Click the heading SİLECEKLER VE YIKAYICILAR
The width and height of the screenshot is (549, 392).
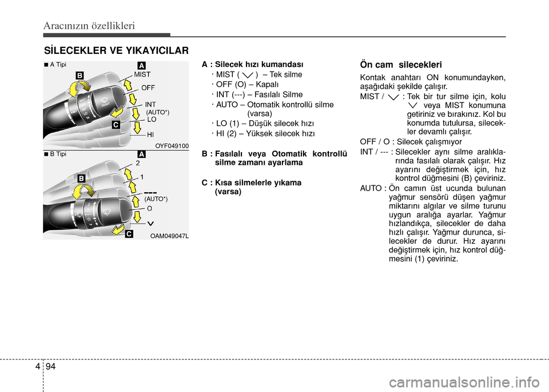[x=116, y=51]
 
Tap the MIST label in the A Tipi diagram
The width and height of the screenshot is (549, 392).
[x=142, y=74]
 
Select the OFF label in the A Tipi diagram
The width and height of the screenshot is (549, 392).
[x=148, y=88]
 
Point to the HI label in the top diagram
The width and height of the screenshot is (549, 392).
[x=150, y=134]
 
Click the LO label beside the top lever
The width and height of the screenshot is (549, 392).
[x=152, y=120]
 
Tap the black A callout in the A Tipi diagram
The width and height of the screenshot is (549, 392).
[x=141, y=65]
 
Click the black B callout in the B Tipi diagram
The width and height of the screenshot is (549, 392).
[x=81, y=179]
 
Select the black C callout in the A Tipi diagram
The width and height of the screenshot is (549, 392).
[x=116, y=124]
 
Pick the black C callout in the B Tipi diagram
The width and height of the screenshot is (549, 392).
[x=129, y=233]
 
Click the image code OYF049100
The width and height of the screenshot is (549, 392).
[x=172, y=146]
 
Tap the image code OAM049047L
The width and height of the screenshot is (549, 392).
[x=169, y=236]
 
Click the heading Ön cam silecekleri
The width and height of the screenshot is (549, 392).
[x=401, y=65]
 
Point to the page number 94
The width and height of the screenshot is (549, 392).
[x=50, y=366]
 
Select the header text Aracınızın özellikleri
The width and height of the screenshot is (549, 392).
[x=89, y=26]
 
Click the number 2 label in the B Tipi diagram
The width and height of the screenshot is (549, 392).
[x=138, y=163]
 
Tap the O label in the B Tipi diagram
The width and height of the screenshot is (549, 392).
[x=149, y=208]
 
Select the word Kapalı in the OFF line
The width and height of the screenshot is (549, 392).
[x=267, y=85]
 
